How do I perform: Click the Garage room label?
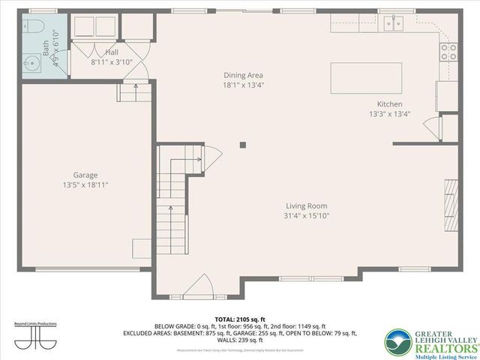click(85, 175)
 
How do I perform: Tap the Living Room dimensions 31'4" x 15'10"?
click(306, 216)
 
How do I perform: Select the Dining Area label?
click(243, 75)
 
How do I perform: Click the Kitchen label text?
click(389, 104)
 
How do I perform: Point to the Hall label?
click(112, 52)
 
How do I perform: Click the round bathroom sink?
click(31, 62)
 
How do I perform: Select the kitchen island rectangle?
click(366, 78)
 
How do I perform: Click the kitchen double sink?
click(392, 23)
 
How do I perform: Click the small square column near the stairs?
click(242, 145)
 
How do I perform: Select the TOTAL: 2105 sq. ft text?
click(239, 319)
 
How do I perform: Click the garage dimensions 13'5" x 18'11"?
click(85, 184)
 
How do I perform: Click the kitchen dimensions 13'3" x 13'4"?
click(389, 114)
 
